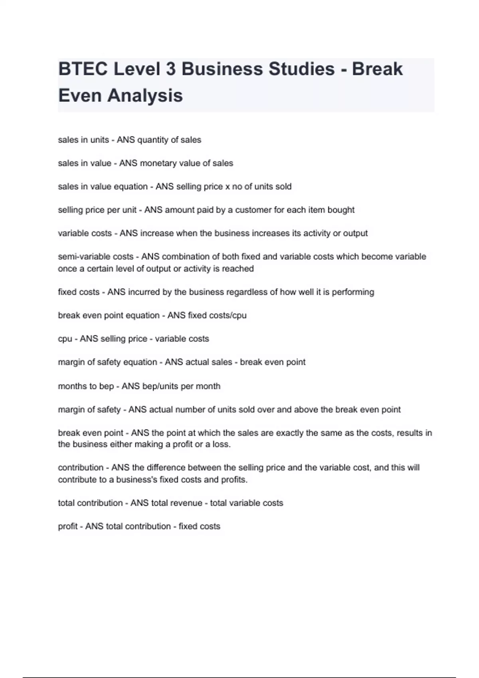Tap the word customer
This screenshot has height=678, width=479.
point(253,210)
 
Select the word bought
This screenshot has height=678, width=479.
point(341,210)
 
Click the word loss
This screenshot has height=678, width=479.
point(222,444)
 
